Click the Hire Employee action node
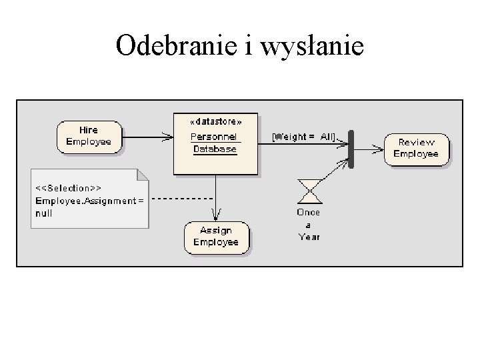point(89,137)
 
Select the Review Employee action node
point(416,148)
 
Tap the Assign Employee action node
point(216,237)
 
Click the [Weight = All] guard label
point(303,137)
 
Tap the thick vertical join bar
point(351,149)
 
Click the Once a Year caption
point(309,224)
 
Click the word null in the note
point(43,213)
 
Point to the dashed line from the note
point(180,199)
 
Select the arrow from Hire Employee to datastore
point(147,137)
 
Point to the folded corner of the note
point(143,175)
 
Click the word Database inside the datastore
point(215,149)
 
